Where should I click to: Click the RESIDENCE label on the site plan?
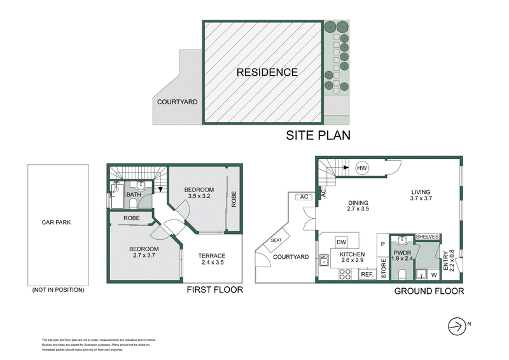click(267, 72)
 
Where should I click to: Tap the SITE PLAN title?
click(318, 135)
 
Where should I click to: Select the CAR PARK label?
click(56, 223)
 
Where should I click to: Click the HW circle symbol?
click(363, 167)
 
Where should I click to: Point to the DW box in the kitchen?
click(341, 242)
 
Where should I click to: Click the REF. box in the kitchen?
click(367, 275)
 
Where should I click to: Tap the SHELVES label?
click(427, 237)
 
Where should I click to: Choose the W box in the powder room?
click(433, 275)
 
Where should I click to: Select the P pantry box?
click(382, 243)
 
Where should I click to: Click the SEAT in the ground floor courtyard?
click(277, 240)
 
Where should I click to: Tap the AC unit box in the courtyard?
click(303, 197)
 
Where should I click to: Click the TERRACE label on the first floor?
click(212, 256)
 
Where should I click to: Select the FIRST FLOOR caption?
click(214, 290)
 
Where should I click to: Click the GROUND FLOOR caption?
click(429, 291)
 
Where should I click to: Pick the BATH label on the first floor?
click(133, 195)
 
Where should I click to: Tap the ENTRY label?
click(452, 260)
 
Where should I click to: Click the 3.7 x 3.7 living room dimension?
click(421, 198)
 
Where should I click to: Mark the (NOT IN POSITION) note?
click(57, 290)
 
